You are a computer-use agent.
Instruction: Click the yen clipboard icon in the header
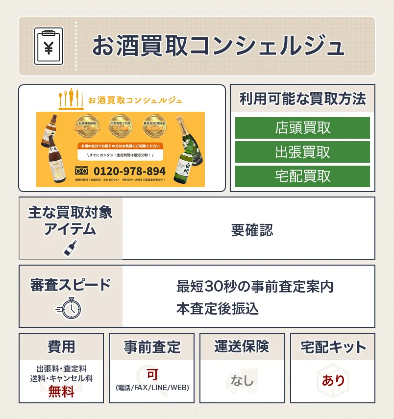pyautogui.click(x=49, y=46)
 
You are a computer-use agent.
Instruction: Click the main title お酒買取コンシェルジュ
pyautogui.click(x=218, y=47)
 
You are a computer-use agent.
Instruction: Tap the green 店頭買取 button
pyautogui.click(x=302, y=128)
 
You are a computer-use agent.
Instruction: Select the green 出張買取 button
pyautogui.click(x=302, y=152)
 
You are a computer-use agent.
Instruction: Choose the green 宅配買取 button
pyautogui.click(x=302, y=176)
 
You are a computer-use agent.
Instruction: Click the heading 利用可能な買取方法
pyautogui.click(x=302, y=99)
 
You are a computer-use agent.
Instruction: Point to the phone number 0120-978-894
pyautogui.click(x=129, y=172)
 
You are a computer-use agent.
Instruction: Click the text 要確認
pyautogui.click(x=252, y=230)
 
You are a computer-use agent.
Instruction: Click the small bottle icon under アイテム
pyautogui.click(x=71, y=247)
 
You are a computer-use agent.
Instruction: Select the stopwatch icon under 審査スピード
pyautogui.click(x=70, y=308)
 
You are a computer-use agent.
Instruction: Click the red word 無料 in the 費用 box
pyautogui.click(x=61, y=392)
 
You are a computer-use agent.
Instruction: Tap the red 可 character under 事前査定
pyautogui.click(x=152, y=375)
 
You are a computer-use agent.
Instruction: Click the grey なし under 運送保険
pyautogui.click(x=243, y=380)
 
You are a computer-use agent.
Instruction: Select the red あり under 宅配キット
pyautogui.click(x=333, y=380)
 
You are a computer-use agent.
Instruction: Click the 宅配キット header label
pyautogui.click(x=333, y=347)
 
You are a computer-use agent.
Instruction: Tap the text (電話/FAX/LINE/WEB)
pyautogui.click(x=152, y=388)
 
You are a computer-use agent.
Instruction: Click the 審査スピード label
pyautogui.click(x=71, y=285)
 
